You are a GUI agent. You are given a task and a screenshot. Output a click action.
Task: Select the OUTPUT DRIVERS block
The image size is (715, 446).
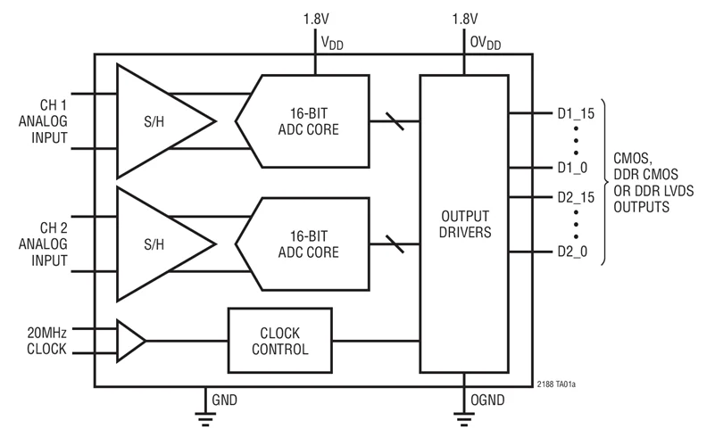463,224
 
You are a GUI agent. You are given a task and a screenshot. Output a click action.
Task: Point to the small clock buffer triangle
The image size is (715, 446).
130,340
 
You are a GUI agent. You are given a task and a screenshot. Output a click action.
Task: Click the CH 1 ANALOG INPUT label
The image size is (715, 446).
42,120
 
